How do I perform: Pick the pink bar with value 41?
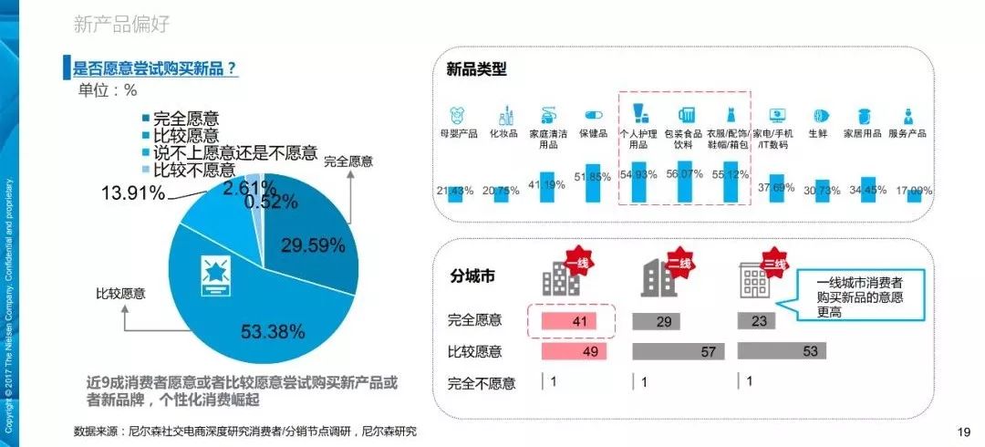[x=568, y=321]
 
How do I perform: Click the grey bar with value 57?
[x=679, y=351]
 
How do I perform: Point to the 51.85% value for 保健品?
[x=592, y=176]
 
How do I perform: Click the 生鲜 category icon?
[x=820, y=116]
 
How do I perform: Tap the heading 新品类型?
[x=476, y=69]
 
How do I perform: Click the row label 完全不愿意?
[x=481, y=383]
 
